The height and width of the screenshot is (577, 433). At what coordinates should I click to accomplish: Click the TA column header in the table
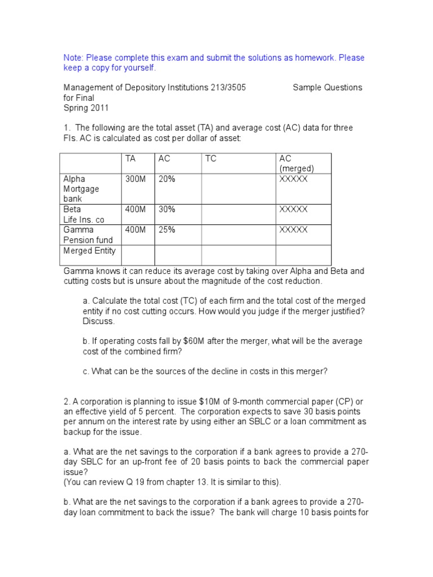pyautogui.click(x=130, y=159)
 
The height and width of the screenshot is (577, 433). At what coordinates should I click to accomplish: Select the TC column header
pyautogui.click(x=210, y=159)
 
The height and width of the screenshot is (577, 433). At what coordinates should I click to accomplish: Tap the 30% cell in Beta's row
pyautogui.click(x=167, y=210)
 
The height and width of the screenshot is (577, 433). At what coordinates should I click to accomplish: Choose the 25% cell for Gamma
pyautogui.click(x=167, y=230)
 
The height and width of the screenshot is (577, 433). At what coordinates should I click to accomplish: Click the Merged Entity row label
pyautogui.click(x=90, y=251)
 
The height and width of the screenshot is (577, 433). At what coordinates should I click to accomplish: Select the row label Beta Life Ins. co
pyautogui.click(x=84, y=215)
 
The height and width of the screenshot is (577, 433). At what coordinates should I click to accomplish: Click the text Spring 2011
pyautogui.click(x=86, y=108)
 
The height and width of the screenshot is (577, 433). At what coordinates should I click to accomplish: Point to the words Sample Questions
pyautogui.click(x=328, y=87)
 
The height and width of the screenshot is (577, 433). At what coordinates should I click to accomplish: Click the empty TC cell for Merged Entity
pyautogui.click(x=237, y=255)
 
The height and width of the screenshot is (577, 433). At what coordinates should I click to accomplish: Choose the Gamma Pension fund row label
pyautogui.click(x=88, y=235)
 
